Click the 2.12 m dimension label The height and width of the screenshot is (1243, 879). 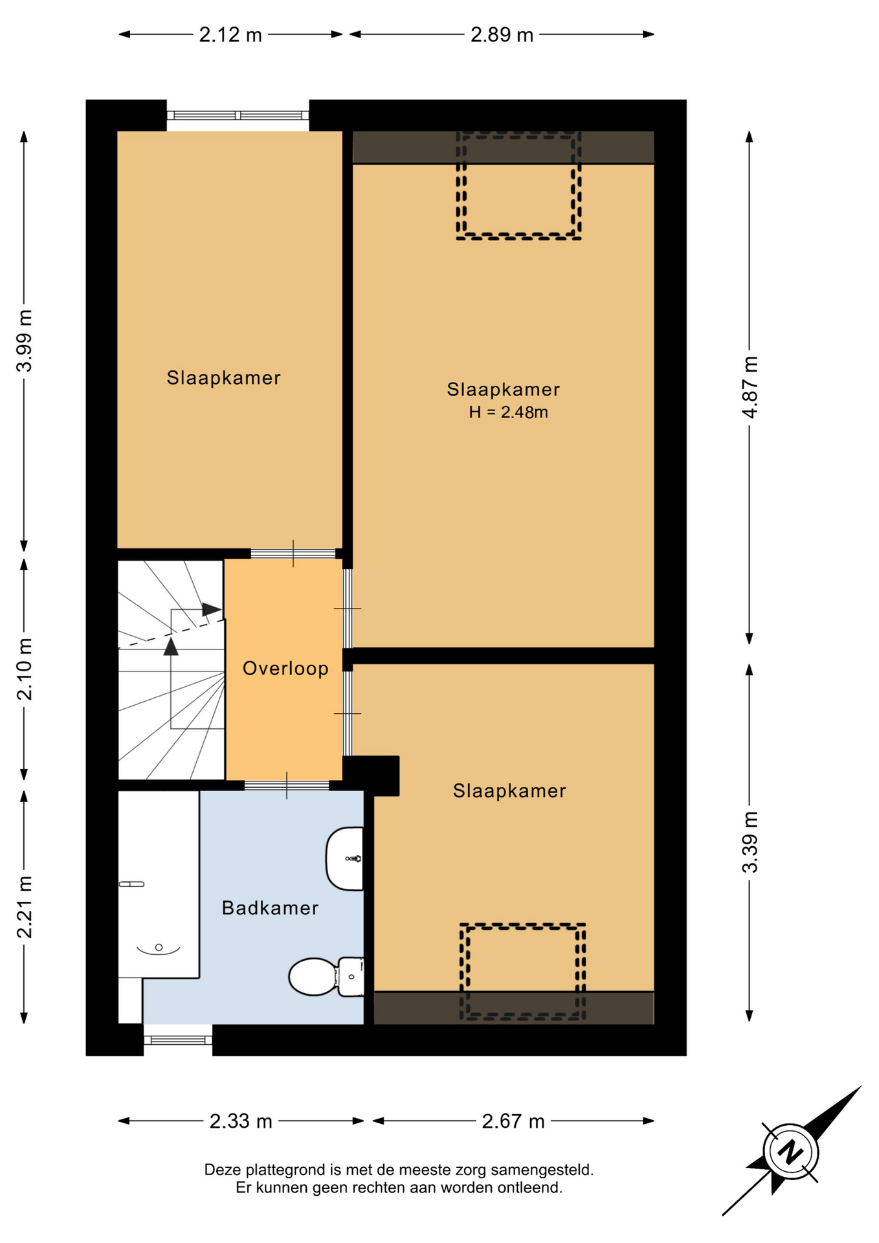coord(230,35)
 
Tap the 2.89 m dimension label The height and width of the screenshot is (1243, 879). coord(502,35)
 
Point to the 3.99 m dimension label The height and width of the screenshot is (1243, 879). coord(25,341)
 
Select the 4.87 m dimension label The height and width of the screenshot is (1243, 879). coord(750,387)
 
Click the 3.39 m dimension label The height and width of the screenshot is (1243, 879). coord(750,842)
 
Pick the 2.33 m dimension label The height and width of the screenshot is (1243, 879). coord(241,1121)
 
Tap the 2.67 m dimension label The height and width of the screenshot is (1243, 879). coord(513,1121)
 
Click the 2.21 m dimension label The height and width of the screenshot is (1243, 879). coord(25,907)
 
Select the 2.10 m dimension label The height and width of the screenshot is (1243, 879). coord(25,669)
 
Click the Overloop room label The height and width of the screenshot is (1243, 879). coord(285,668)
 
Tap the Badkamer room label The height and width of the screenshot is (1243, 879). coord(270,908)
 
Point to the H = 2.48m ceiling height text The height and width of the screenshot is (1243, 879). coord(508,412)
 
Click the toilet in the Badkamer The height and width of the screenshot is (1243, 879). coord(326,976)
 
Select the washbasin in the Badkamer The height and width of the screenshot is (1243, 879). coord(344,858)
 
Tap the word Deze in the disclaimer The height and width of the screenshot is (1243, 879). coord(223,1170)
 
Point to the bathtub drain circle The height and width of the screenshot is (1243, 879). coord(159,948)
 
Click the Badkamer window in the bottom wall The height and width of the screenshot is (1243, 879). coord(178,1040)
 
